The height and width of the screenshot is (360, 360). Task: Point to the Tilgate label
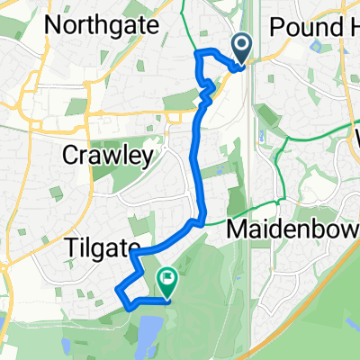(x=101, y=247)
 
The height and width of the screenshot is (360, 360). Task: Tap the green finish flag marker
(x=166, y=281)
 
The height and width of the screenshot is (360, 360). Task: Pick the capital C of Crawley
(x=70, y=156)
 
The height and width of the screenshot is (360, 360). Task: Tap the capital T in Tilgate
(x=69, y=247)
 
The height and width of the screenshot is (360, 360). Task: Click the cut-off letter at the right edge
(x=356, y=139)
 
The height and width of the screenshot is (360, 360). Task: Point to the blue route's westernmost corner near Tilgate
(x=118, y=288)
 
